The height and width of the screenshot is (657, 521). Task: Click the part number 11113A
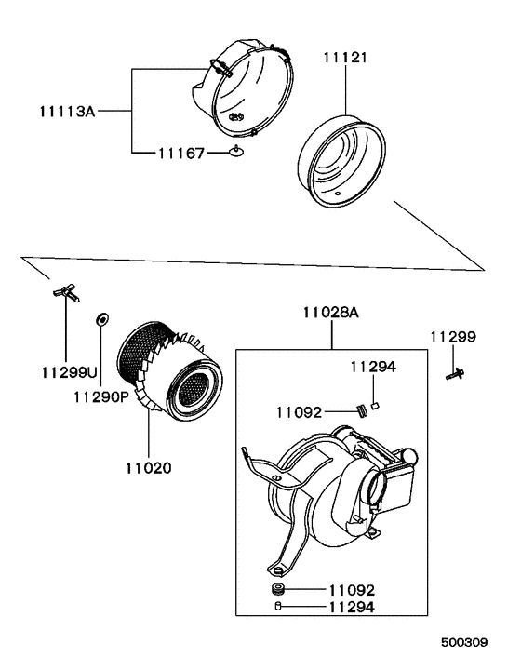(67, 111)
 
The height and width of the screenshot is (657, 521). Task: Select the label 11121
(345, 58)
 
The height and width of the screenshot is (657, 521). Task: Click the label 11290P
(100, 396)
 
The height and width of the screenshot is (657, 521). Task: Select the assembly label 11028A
(330, 314)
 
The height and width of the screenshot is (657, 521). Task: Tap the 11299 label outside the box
(453, 336)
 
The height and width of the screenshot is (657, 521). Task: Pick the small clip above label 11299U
(67, 292)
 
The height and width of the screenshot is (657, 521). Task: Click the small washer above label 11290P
(100, 321)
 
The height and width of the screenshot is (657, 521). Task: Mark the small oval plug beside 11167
(238, 152)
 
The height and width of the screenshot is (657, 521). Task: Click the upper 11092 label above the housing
(298, 410)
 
